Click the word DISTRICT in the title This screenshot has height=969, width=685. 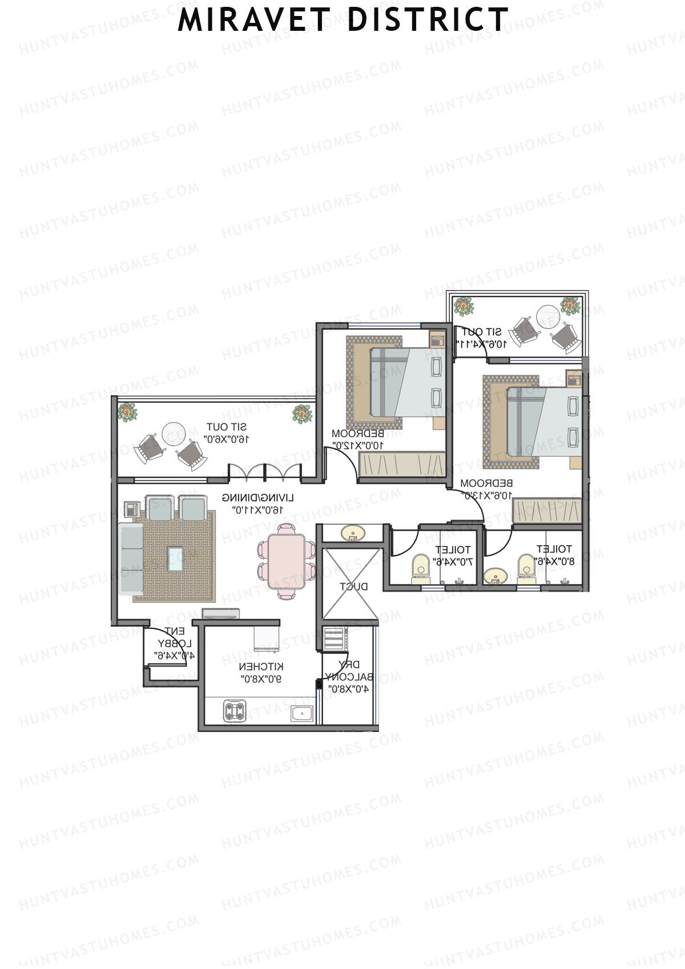point(428,20)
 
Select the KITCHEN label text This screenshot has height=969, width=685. point(261,667)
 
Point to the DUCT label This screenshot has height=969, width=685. point(354,586)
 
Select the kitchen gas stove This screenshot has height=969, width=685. point(234,711)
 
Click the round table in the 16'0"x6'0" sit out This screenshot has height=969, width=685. point(173,433)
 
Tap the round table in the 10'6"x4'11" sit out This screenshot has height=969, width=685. point(547,316)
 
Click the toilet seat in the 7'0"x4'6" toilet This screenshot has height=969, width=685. point(421,564)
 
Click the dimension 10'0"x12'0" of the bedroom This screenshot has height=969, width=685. point(358,445)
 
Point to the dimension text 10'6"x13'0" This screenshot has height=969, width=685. point(487,496)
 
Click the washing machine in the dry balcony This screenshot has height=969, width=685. point(335,638)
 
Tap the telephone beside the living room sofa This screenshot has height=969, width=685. point(132,508)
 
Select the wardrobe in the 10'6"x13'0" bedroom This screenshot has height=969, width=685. point(547,510)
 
